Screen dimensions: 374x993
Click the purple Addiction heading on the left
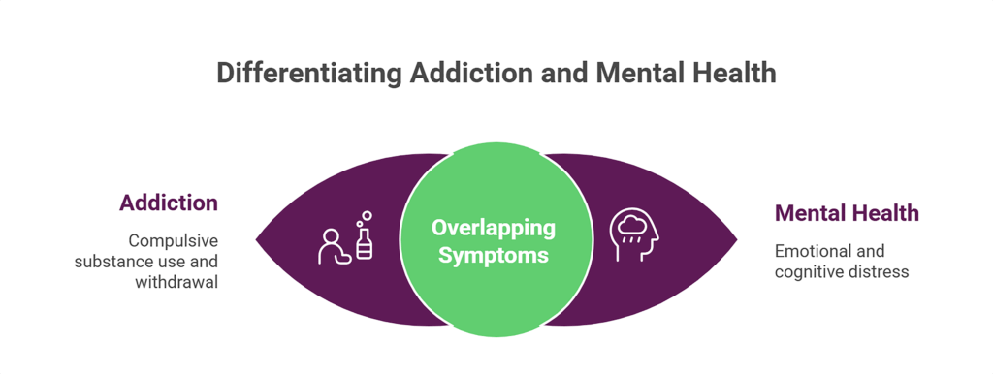pyautogui.click(x=169, y=203)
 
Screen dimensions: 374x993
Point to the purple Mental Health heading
pyautogui.click(x=847, y=213)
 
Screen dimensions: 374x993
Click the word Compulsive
pyautogui.click(x=174, y=240)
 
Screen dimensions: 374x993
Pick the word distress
pyautogui.click(x=877, y=271)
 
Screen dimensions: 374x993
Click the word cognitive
pyautogui.click(x=809, y=271)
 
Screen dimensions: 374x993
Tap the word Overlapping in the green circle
pyautogui.click(x=494, y=229)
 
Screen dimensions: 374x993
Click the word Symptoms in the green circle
pyautogui.click(x=494, y=256)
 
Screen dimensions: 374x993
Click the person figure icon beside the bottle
pyautogui.click(x=334, y=247)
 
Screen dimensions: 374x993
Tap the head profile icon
pyautogui.click(x=635, y=235)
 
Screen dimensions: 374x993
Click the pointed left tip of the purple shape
pyautogui.click(x=257, y=239)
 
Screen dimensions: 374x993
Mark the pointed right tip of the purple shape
pyautogui.click(x=736, y=239)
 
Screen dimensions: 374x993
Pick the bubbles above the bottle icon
pyautogui.click(x=365, y=216)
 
